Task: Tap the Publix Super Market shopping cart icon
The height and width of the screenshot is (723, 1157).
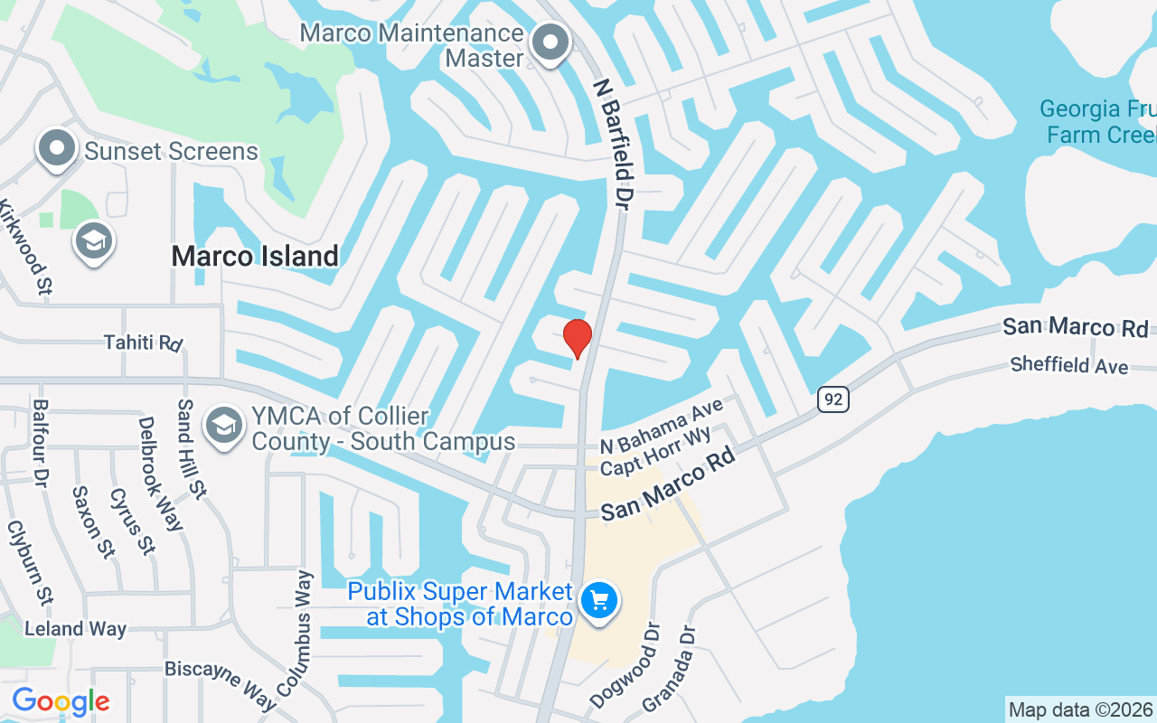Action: [x=599, y=600]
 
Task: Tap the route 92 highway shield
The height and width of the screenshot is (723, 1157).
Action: [x=834, y=398]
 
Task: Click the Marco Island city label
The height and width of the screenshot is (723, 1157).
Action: [x=255, y=256]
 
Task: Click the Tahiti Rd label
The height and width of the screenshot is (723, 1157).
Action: [x=143, y=343]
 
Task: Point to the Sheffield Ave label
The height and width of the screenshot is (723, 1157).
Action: [x=1069, y=365]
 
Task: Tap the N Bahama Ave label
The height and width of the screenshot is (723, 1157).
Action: [x=663, y=428]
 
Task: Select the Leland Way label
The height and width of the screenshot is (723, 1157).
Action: [x=75, y=629]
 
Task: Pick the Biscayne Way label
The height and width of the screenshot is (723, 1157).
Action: [x=221, y=683]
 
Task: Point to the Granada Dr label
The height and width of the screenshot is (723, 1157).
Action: [x=671, y=669]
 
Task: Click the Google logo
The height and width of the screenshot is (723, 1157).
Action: [x=61, y=701]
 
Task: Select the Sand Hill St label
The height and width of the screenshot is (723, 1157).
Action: [x=192, y=449]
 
